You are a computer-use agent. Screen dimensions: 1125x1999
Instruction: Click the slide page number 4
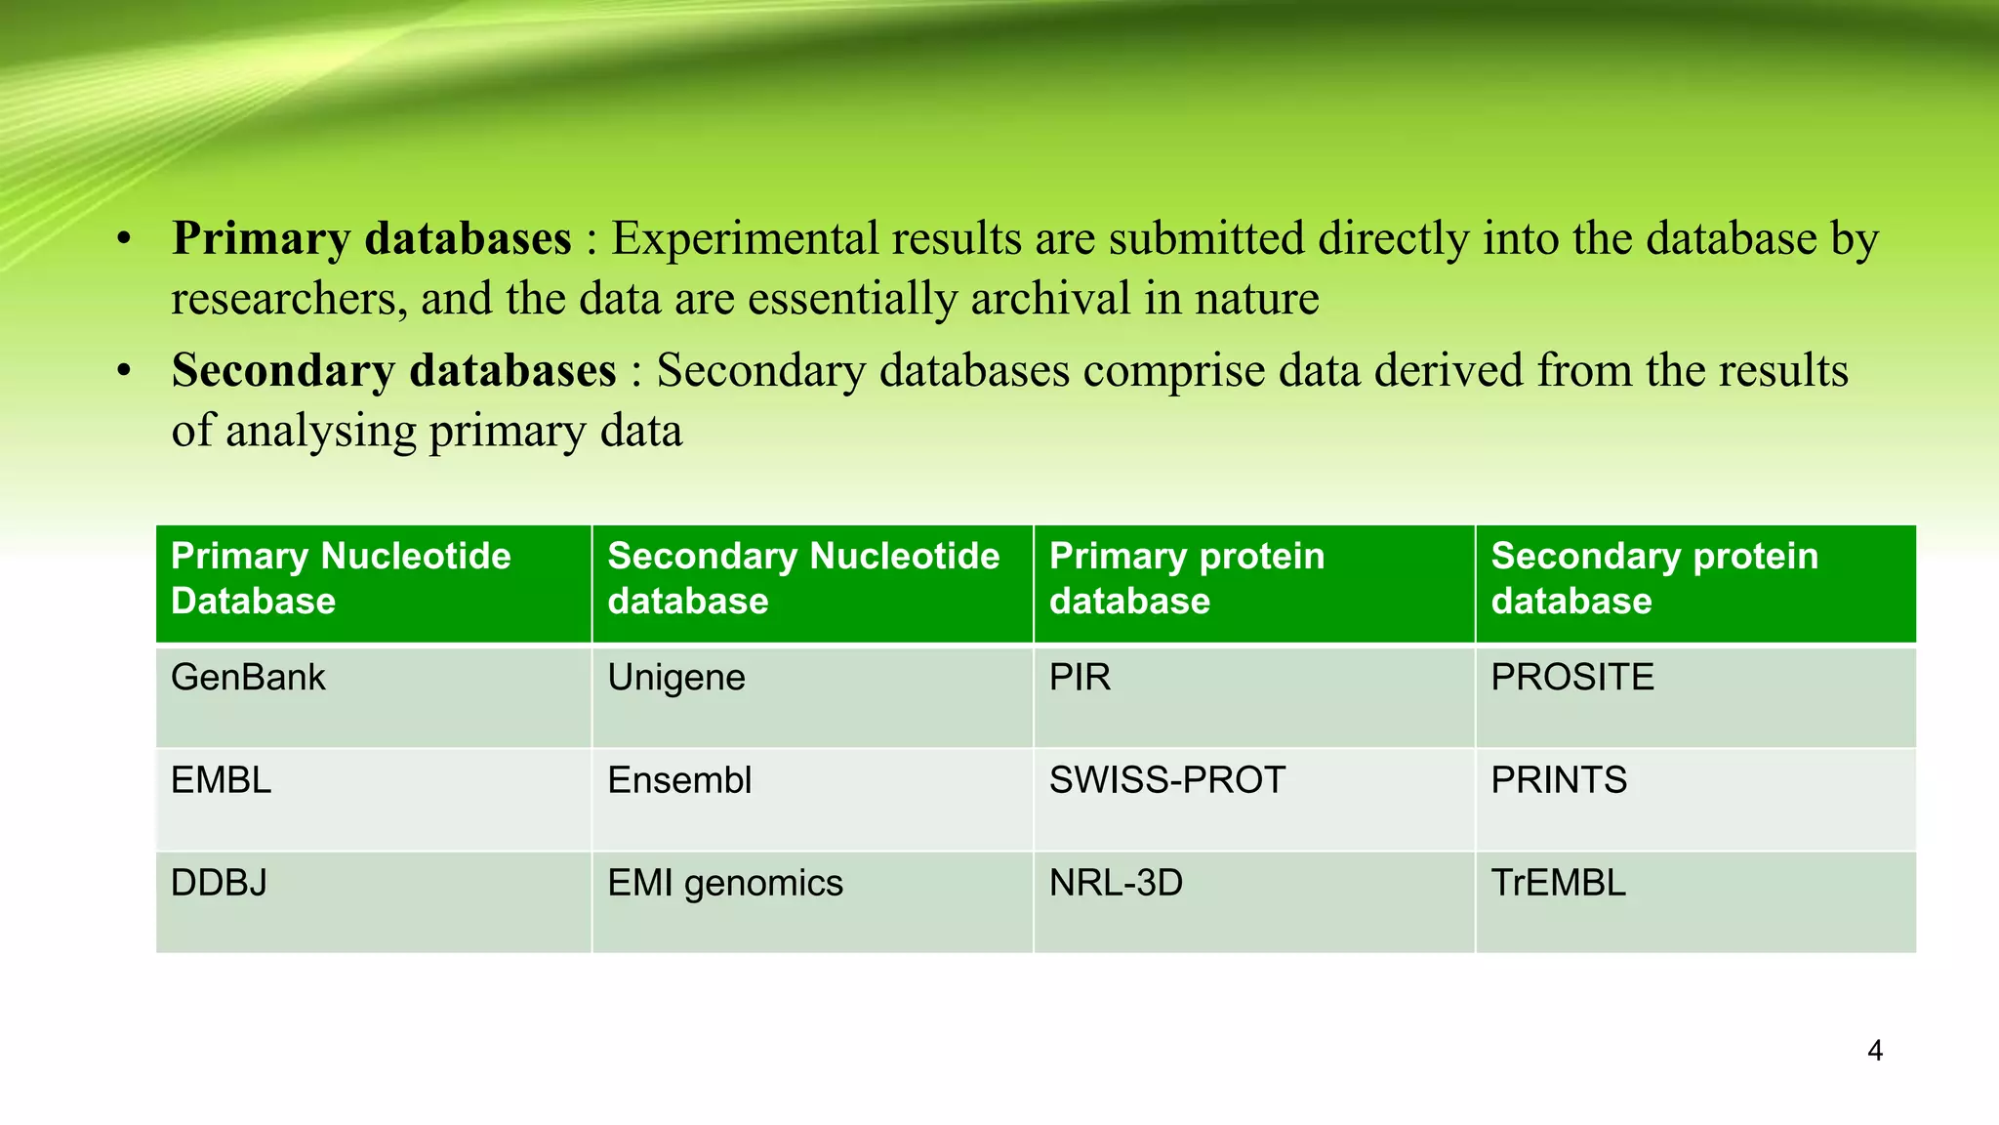[1874, 1051]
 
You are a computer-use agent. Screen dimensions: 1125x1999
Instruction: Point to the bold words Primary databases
[372, 238]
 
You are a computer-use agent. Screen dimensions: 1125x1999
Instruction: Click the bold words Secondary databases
[394, 370]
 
